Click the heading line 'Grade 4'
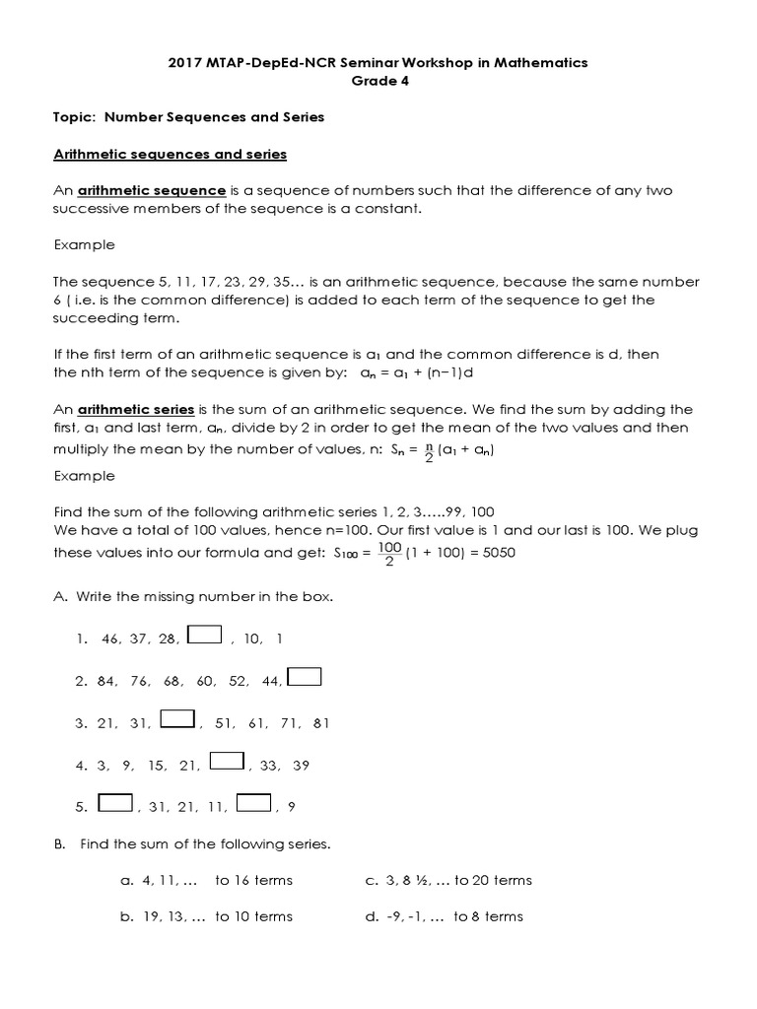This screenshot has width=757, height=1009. tap(379, 81)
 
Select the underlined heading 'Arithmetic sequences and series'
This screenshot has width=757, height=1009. tap(170, 154)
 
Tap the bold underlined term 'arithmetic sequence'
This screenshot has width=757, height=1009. tap(152, 190)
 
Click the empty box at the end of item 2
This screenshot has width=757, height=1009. tap(305, 677)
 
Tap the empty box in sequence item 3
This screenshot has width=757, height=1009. tap(176, 719)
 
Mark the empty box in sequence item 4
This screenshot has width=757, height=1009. tap(227, 761)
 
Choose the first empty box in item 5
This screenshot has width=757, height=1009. tap(115, 803)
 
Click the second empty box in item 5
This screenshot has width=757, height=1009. tap(254, 803)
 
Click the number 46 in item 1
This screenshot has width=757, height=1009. tap(110, 639)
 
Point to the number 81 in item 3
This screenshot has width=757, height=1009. tap(320, 722)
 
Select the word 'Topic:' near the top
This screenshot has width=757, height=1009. tap(75, 117)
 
